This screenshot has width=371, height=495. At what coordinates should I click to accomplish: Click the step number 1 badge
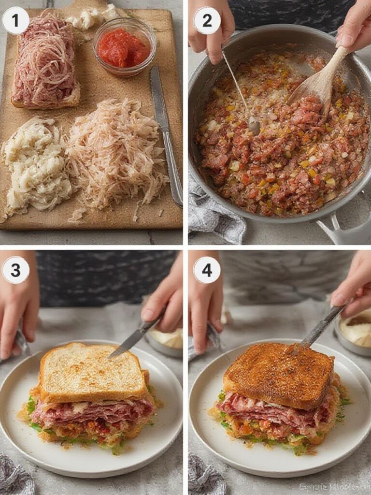tap(15, 21)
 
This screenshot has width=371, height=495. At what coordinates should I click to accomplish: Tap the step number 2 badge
tap(207, 21)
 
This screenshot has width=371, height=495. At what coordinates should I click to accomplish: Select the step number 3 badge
tap(15, 270)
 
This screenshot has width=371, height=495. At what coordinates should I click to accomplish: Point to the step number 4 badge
tap(207, 270)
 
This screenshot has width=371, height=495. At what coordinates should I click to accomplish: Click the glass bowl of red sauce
tap(124, 47)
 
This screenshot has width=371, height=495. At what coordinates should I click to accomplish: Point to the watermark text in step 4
tap(333, 486)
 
